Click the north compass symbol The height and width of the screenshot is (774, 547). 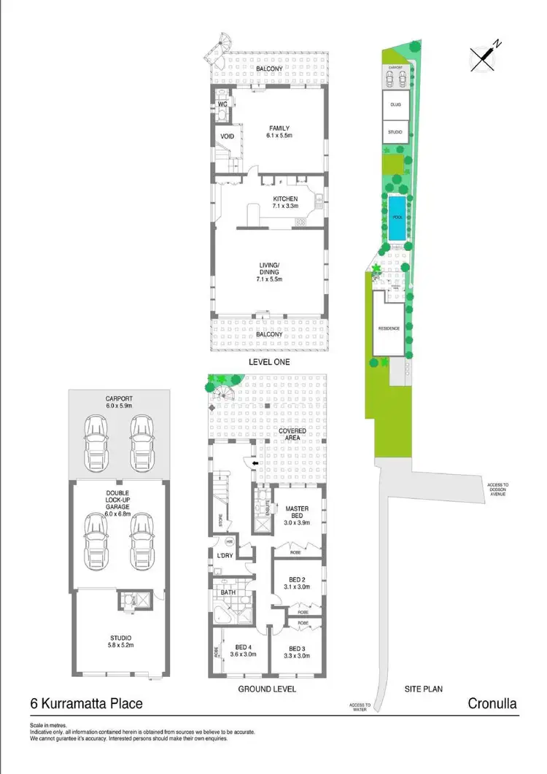click(484, 57)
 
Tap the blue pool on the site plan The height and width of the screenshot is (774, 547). click(397, 218)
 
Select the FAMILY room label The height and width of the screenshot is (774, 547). click(279, 132)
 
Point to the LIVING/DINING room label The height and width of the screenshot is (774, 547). click(269, 274)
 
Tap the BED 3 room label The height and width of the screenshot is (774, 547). click(299, 651)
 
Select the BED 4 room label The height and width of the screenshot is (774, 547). click(244, 651)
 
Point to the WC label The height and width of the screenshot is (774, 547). click(224, 104)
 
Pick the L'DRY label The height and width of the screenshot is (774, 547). click(225, 557)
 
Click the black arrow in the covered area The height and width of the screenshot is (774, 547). click(255, 463)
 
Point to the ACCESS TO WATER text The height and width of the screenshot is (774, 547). click(360, 705)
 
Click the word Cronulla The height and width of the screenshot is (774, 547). click(492, 704)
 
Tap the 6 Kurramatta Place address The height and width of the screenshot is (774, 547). click(86, 704)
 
